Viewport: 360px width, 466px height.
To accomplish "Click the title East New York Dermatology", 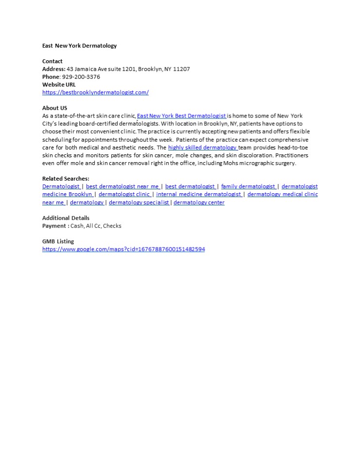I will pyautogui.click(x=79, y=46).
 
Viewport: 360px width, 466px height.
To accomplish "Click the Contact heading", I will pyautogui.click(x=52, y=61).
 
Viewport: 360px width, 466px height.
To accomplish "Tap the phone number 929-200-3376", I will pyautogui.click(x=81, y=77).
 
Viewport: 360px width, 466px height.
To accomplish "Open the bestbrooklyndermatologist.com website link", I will pyautogui.click(x=95, y=92).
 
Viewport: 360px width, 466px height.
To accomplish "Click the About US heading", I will pyautogui.click(x=54, y=108).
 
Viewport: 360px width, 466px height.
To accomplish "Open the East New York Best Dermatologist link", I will pyautogui.click(x=181, y=116).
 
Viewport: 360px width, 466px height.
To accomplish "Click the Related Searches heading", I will pyautogui.click(x=66, y=179).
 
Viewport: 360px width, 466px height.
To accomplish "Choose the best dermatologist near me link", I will pyautogui.click(x=122, y=186).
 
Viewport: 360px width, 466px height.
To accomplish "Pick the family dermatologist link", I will pyautogui.click(x=248, y=186).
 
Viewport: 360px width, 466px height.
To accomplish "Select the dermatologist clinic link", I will pyautogui.click(x=124, y=194).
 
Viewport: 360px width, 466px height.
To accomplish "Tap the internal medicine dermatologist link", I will pyautogui.click(x=199, y=194).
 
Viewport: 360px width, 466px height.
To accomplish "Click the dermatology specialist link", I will pyautogui.click(x=138, y=202).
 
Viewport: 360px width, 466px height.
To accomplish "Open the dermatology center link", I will pyautogui.click(x=199, y=202).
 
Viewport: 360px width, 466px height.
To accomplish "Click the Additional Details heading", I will pyautogui.click(x=66, y=218).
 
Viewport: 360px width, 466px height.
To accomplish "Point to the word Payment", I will pyautogui.click(x=53, y=226).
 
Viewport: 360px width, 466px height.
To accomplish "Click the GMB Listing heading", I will pyautogui.click(x=58, y=241).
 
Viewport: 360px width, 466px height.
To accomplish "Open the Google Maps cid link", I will pyautogui.click(x=123, y=249).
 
